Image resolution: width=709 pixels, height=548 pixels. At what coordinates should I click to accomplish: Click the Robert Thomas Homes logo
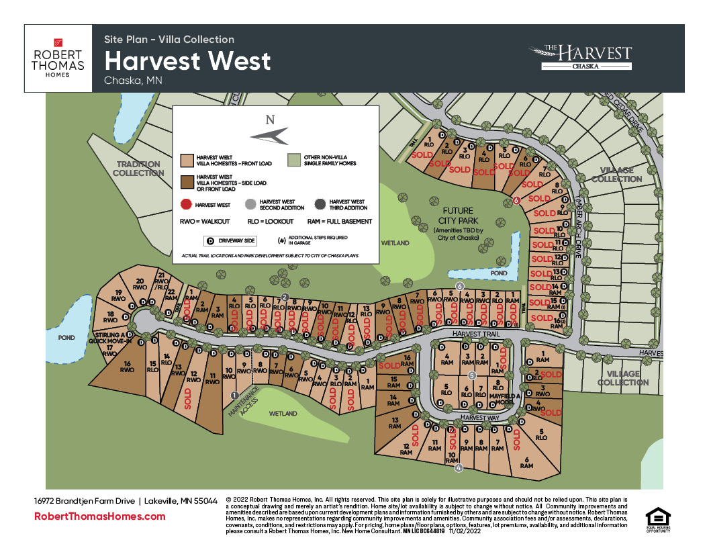[x=58, y=58]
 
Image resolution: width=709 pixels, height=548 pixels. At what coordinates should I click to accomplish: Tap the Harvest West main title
[x=187, y=61]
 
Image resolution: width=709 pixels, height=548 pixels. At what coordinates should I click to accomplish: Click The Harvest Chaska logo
[x=580, y=58]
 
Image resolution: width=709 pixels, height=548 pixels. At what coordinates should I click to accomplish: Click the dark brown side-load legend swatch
[x=187, y=181]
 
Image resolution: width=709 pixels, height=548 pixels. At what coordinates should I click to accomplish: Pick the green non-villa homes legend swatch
[x=293, y=160]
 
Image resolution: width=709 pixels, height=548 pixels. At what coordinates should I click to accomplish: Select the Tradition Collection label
[x=138, y=169]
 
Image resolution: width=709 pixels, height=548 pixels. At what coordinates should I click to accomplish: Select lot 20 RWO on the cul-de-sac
[x=140, y=284]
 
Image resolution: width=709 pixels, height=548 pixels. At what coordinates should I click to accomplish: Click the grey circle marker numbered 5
[x=472, y=375]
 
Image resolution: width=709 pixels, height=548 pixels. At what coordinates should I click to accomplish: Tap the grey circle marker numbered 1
[x=234, y=395]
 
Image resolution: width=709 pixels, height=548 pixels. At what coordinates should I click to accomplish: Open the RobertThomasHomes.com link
[x=99, y=516]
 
